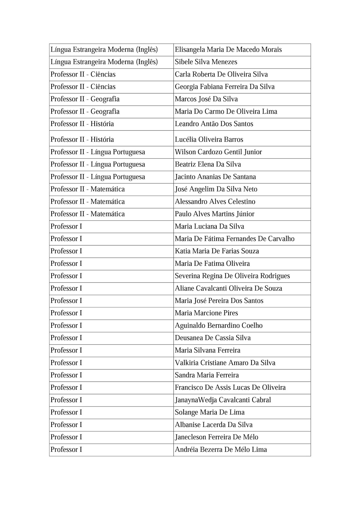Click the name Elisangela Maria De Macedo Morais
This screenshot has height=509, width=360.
228,50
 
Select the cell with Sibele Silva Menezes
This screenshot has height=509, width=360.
206,62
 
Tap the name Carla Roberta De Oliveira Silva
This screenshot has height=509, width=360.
221,74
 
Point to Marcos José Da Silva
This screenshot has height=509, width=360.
206,99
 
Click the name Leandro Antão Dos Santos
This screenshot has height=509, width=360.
214,124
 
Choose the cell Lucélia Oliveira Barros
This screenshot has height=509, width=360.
209,140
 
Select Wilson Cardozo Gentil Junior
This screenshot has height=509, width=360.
218,152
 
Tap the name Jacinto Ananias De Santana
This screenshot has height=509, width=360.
215,177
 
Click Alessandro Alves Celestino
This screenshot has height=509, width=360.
215,202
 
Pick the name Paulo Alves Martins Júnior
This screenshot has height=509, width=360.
214,214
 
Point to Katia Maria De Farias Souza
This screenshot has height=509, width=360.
217,251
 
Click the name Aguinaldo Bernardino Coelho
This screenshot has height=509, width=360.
218,326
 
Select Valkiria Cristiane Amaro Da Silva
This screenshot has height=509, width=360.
225,363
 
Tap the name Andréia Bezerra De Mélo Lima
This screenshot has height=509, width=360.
221,450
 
